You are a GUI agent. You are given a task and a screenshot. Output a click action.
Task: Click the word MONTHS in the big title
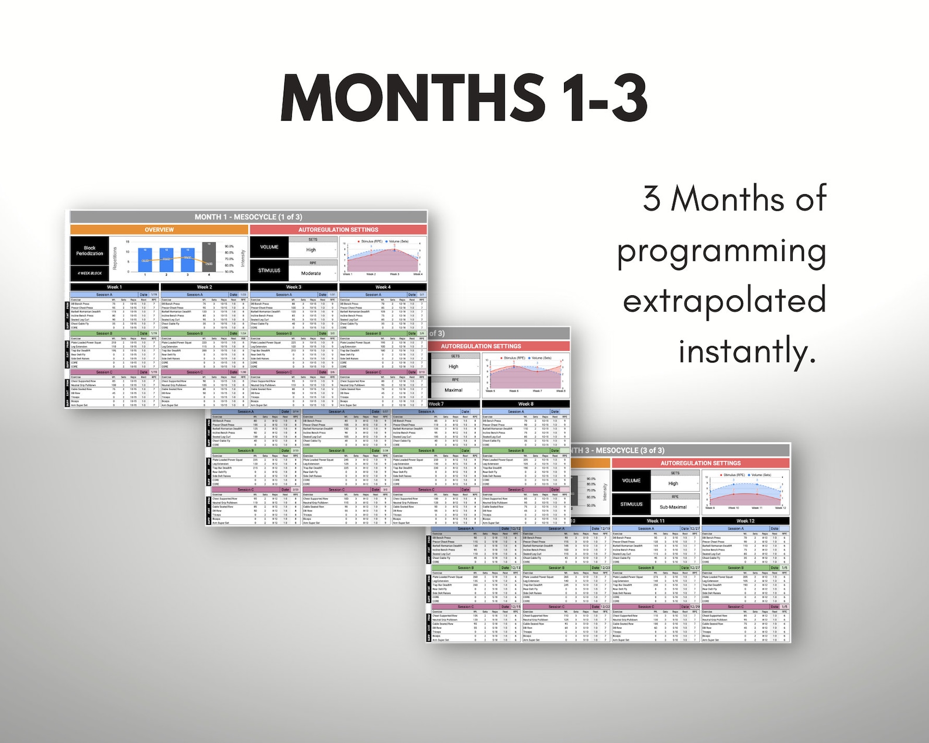412,98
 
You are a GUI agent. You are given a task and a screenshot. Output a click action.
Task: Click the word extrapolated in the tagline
724,300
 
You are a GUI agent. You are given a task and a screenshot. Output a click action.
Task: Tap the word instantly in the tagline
747,351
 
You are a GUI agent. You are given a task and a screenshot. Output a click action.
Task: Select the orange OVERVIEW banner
159,230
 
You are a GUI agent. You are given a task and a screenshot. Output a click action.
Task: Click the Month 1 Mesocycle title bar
249,217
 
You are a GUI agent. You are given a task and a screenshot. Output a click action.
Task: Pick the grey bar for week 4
209,257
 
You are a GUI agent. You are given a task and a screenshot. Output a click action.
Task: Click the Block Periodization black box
90,251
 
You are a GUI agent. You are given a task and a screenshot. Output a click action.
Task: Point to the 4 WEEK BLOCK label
90,273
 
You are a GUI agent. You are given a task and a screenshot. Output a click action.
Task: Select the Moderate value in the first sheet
311,273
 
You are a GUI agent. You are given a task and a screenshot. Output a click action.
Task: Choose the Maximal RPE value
453,390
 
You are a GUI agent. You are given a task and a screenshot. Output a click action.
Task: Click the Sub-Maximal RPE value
673,507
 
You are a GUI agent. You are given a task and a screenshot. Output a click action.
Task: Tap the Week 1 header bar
115,287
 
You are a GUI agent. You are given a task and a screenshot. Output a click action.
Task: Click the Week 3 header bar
294,287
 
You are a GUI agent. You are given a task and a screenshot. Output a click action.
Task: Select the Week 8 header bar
525,404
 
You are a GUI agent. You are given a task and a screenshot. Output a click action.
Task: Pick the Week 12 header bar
745,521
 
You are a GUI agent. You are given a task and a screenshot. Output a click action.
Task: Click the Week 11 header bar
655,521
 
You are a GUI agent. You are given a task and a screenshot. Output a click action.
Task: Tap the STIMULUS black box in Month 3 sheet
631,504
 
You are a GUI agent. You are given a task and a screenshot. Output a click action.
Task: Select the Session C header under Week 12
735,607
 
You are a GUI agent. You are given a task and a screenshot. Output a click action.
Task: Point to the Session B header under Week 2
194,333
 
